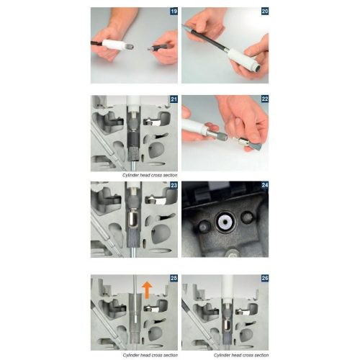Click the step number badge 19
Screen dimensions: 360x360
pos(173,12)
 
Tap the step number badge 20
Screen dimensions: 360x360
pos(264,12)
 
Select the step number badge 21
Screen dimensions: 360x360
pos(173,99)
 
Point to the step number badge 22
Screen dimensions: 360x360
pos(264,99)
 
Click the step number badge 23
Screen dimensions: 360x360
pos(173,185)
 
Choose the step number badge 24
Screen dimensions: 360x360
pos(264,185)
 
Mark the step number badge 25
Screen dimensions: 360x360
pos(173,279)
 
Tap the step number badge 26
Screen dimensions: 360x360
pos(264,279)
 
